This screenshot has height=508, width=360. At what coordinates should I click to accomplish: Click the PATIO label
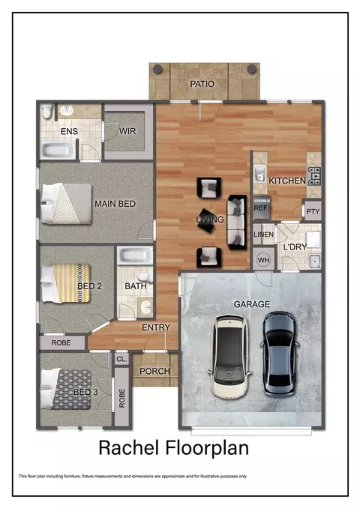pyautogui.click(x=202, y=84)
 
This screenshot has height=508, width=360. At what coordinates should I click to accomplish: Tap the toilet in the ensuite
pyautogui.click(x=47, y=111)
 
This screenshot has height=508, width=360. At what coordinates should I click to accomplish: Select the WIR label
pyautogui.click(x=127, y=131)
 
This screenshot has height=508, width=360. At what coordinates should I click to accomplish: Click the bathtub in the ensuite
pyautogui.click(x=58, y=150)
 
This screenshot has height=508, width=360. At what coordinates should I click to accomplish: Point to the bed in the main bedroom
pyautogui.click(x=67, y=204)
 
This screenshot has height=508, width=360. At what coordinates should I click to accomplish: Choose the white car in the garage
pyautogui.click(x=230, y=357)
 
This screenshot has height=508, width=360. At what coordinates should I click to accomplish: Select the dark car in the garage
pyautogui.click(x=280, y=354)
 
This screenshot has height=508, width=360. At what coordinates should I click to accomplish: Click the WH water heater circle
pyautogui.click(x=263, y=260)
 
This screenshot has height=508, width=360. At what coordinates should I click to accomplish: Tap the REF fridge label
pyautogui.click(x=260, y=208)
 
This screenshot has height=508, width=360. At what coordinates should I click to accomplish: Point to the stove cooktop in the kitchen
pyautogui.click(x=314, y=176)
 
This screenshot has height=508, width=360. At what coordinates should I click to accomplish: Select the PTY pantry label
pyautogui.click(x=313, y=211)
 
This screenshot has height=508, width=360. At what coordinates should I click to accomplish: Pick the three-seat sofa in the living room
pyautogui.click(x=236, y=222)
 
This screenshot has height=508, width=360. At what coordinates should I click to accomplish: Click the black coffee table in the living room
pyautogui.click(x=206, y=220)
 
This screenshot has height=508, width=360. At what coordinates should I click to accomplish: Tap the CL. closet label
pyautogui.click(x=121, y=359)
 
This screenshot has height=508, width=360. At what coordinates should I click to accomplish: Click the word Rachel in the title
pyautogui.click(x=129, y=448)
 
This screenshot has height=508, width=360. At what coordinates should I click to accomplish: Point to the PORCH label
pyautogui.click(x=154, y=371)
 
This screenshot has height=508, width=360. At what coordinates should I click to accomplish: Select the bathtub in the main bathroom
pyautogui.click(x=135, y=255)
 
